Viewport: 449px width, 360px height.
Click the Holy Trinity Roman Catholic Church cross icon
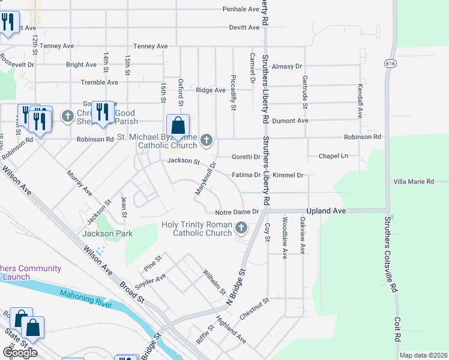[241, 227]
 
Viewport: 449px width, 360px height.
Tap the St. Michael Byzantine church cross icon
[206, 140]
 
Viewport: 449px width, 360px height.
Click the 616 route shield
[391, 63]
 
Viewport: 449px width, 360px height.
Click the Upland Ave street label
[327, 211]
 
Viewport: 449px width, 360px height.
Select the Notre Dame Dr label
[237, 212]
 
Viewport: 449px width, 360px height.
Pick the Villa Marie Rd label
[414, 181]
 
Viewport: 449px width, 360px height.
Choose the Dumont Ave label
[290, 121]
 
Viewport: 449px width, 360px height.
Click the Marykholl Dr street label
[205, 178]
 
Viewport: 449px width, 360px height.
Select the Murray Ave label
[79, 183]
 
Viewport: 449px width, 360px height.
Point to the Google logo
[20, 353]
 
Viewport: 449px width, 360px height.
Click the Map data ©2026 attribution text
[423, 355]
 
